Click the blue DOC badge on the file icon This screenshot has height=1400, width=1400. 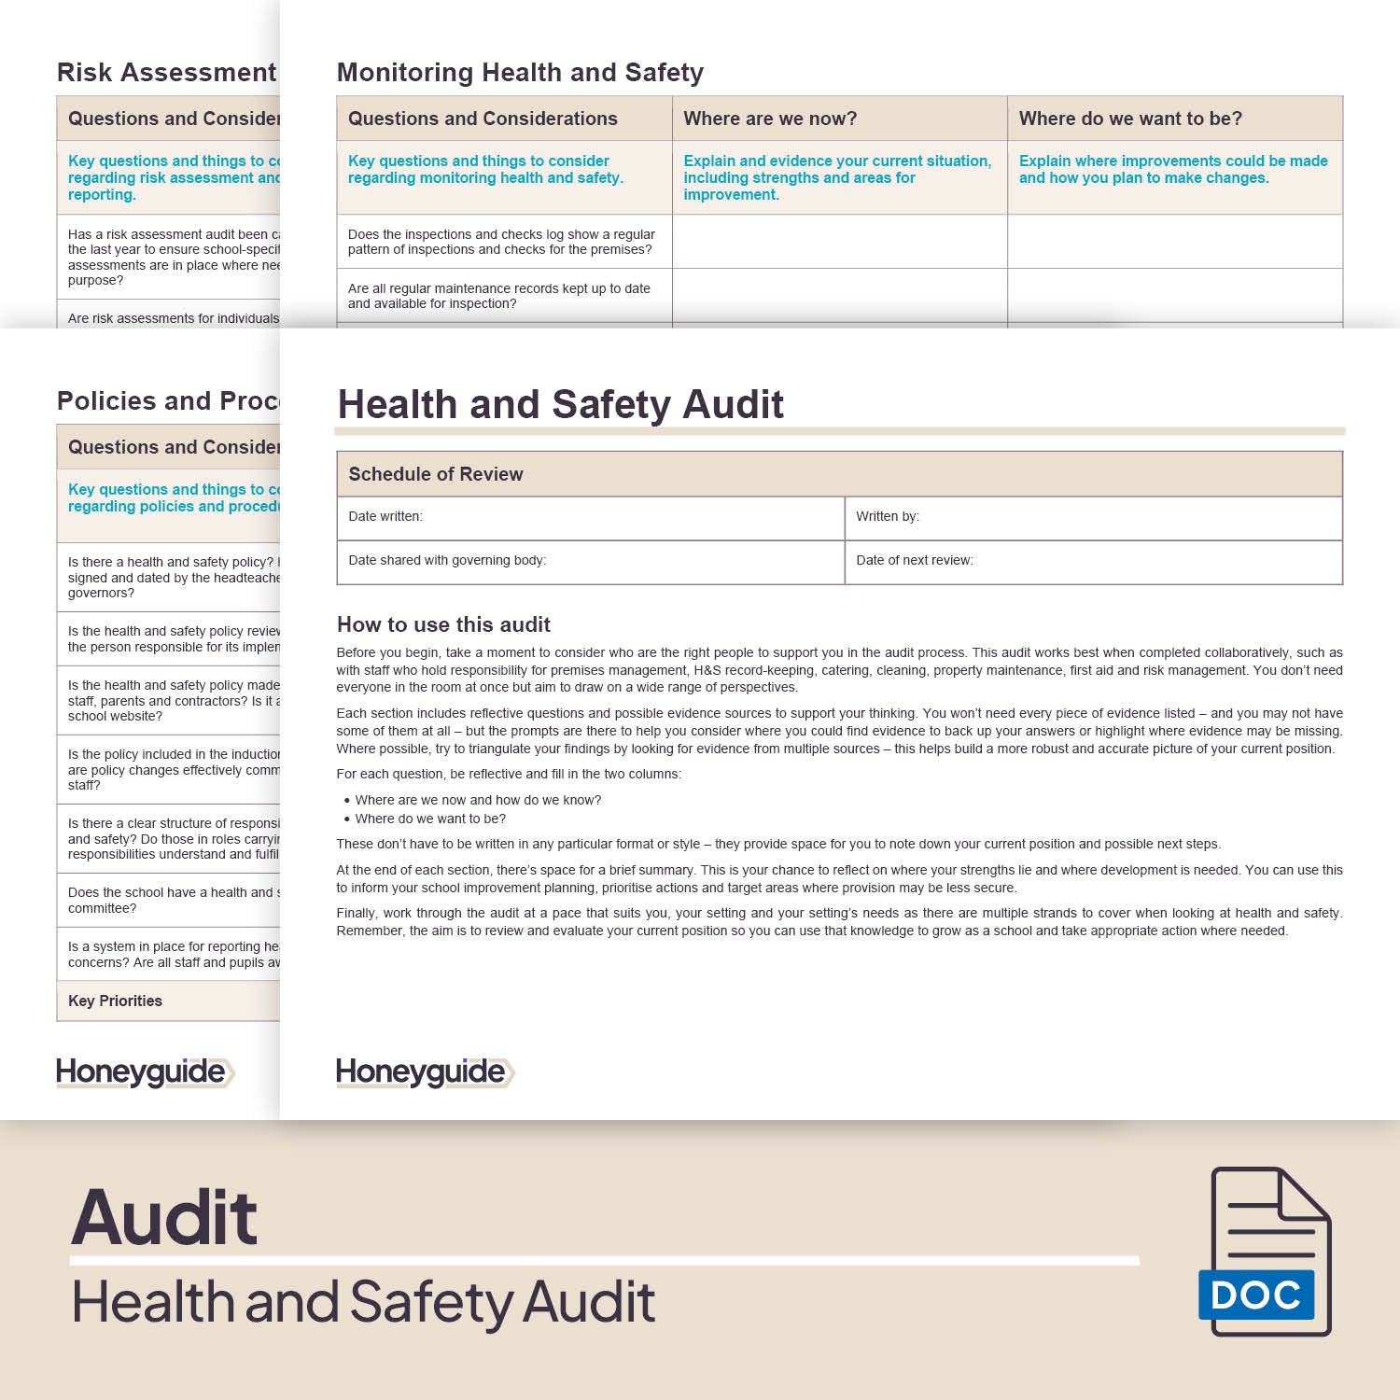1256,1295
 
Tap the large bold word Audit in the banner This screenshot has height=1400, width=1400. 164,1218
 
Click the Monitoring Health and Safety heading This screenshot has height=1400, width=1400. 520,73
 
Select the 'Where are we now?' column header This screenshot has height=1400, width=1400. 770,119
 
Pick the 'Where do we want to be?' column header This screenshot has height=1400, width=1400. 1130,119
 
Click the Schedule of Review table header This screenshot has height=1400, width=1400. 436,474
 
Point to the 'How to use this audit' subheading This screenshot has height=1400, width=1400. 443,624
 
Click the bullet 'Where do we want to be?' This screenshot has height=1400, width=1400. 430,819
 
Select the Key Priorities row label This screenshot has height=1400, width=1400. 115,1001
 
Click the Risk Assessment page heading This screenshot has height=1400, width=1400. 166,73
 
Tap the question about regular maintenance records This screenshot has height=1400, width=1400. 499,296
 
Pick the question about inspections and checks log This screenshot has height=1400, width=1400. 501,242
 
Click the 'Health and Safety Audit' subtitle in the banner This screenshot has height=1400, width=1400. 364,1303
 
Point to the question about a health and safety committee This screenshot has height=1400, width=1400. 173,900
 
